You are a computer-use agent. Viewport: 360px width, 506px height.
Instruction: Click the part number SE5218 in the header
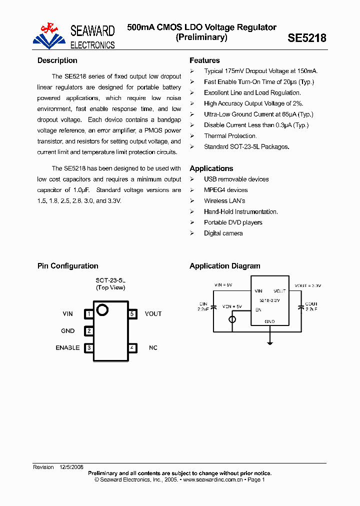[x=307, y=38]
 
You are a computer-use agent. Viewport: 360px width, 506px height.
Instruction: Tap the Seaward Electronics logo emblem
[x=49, y=36]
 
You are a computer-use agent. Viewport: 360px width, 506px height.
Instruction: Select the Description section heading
[x=57, y=60]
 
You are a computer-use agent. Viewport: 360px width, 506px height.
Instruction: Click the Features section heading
[x=204, y=60]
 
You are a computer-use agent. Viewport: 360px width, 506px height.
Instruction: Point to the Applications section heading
[x=211, y=168]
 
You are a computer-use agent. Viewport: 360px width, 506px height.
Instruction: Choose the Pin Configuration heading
[x=68, y=266]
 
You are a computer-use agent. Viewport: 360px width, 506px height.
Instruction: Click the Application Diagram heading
[x=225, y=266]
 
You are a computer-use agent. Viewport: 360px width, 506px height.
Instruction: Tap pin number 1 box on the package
[x=89, y=314]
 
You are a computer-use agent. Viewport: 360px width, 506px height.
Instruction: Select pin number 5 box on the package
[x=132, y=314]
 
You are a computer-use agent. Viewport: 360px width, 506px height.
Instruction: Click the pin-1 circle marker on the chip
[x=102, y=310]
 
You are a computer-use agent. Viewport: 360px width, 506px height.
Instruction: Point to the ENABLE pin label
[x=67, y=347]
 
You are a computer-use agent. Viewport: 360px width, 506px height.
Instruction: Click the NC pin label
[x=153, y=347]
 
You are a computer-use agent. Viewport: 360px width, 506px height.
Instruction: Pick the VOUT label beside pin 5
[x=153, y=314]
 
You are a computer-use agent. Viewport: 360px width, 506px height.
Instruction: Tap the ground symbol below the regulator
[x=270, y=342]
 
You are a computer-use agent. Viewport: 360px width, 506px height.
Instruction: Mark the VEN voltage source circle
[x=232, y=319]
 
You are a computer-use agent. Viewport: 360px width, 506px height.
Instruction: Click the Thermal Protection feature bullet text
[x=230, y=136]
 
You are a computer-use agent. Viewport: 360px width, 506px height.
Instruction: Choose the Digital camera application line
[x=223, y=233]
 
